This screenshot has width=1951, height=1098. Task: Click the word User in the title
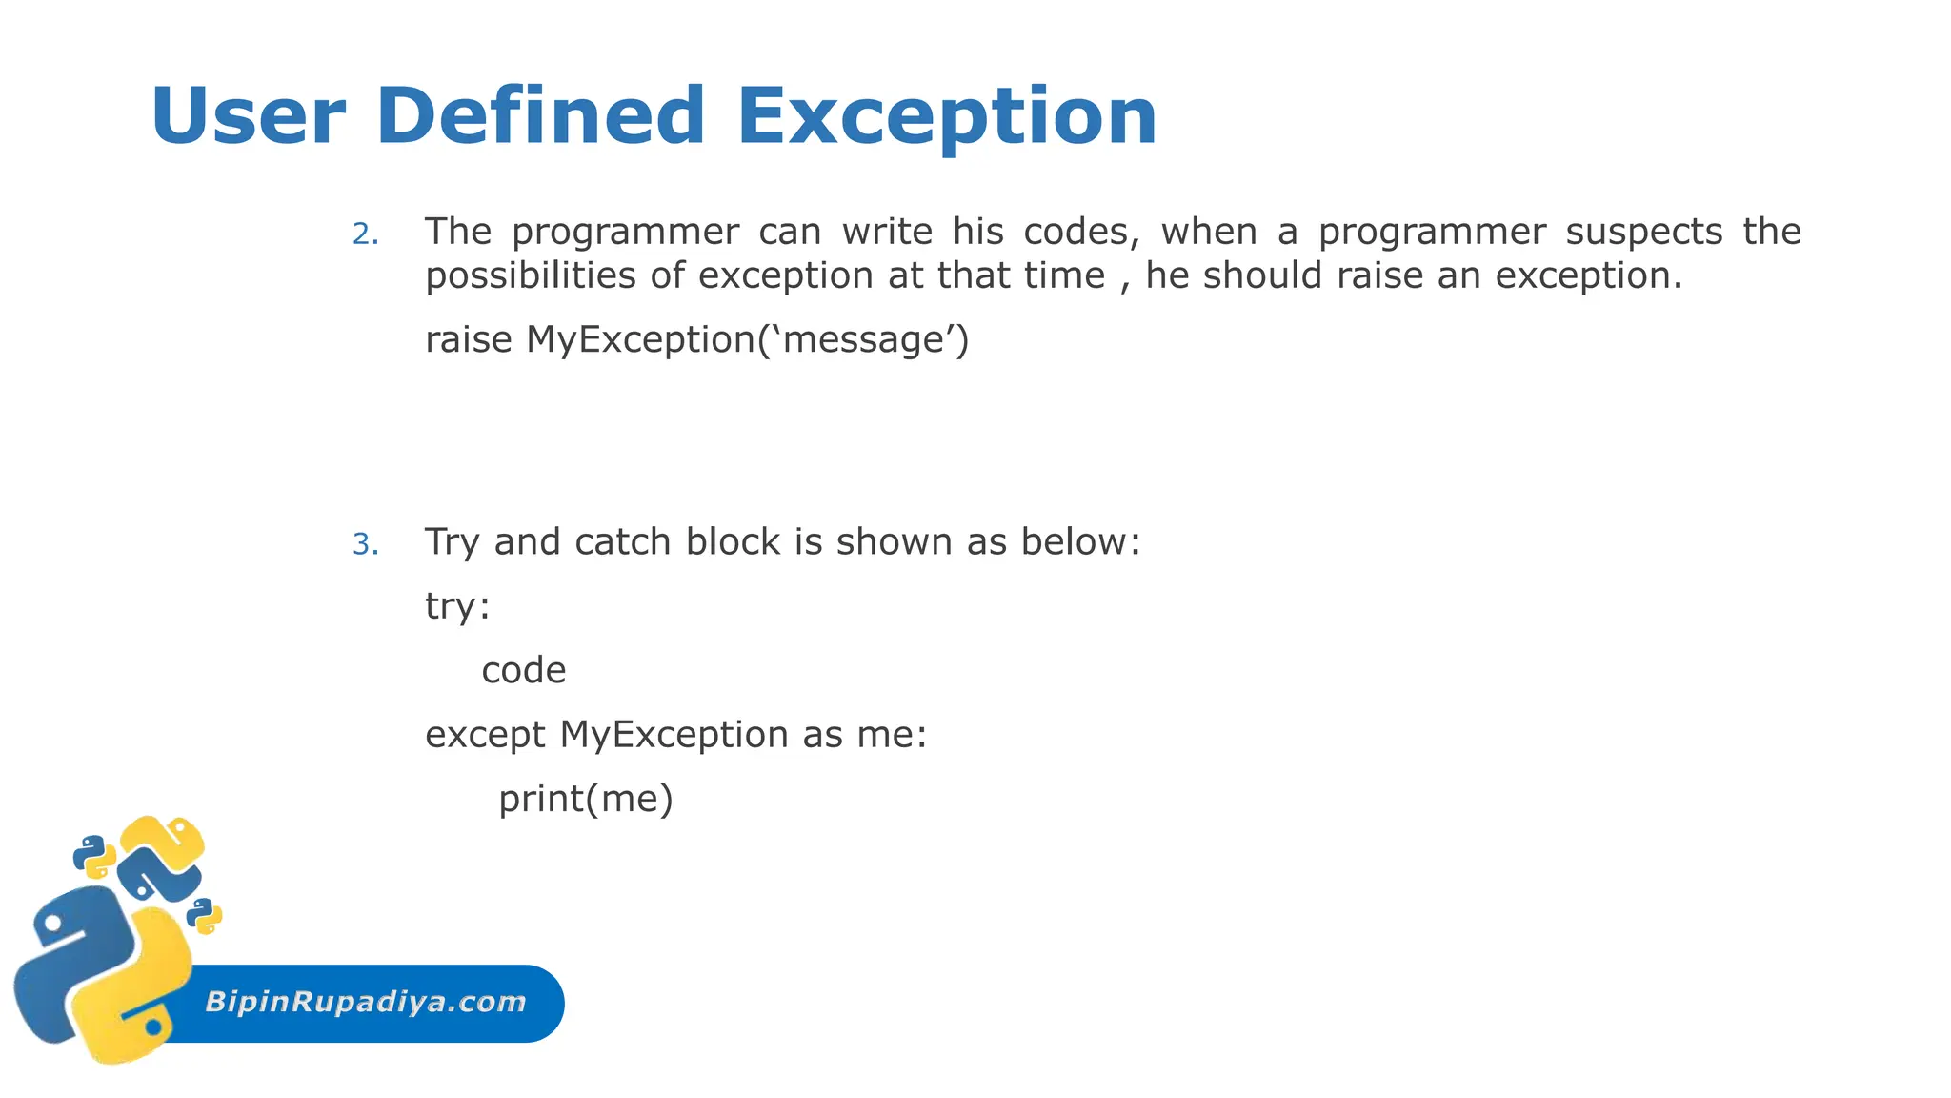pos(247,116)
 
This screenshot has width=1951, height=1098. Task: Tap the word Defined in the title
pos(540,116)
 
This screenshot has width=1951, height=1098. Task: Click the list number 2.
pos(365,234)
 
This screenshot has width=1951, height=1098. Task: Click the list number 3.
pos(365,544)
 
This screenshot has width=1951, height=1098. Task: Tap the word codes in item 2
pos(1080,232)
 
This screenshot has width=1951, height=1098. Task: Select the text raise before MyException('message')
pos(468,339)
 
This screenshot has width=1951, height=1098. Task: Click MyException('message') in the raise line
pos(747,339)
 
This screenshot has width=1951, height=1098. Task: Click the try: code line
pos(457,606)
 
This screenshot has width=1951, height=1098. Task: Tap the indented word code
pos(523,670)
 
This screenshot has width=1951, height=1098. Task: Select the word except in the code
pos(485,735)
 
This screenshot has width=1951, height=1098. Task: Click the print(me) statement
pos(585,799)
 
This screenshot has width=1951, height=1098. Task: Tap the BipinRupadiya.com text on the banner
pos(365,1002)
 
